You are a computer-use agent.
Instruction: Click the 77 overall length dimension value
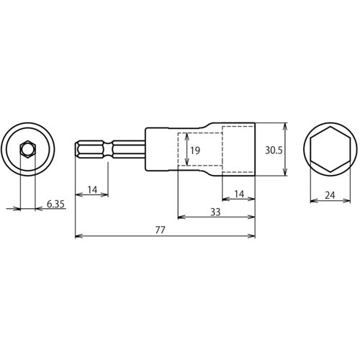pos(160,230)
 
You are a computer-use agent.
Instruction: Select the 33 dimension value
pos(215,212)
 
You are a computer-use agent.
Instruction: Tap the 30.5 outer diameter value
pos(274,150)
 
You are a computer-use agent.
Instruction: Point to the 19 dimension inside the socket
pos(195,150)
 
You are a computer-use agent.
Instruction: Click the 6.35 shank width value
pos(55,204)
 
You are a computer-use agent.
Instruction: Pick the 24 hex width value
pos(330,195)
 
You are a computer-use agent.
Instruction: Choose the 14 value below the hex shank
pos(92,190)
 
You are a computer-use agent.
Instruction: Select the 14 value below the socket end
pos(239,194)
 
